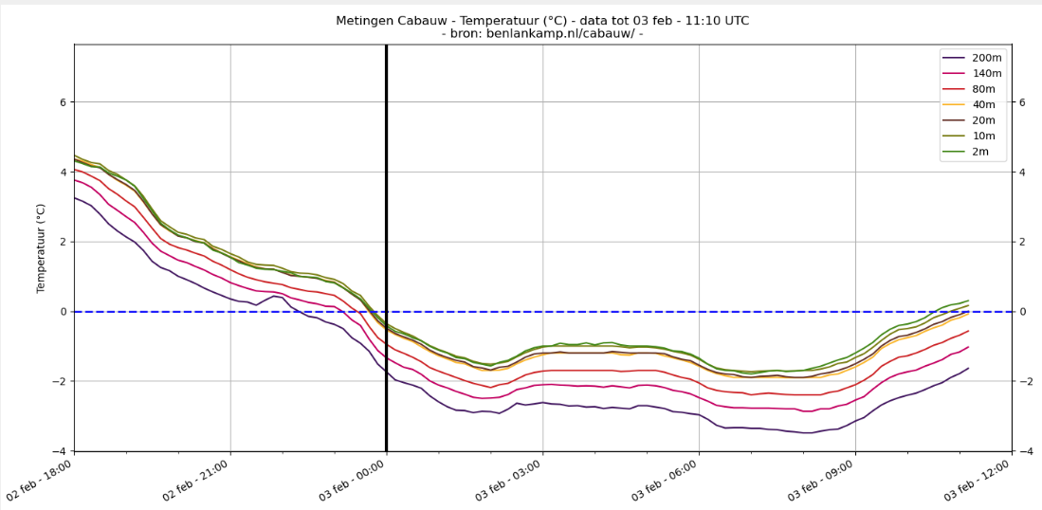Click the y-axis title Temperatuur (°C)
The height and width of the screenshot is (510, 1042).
[41, 247]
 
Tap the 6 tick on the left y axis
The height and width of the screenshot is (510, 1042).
[64, 102]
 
